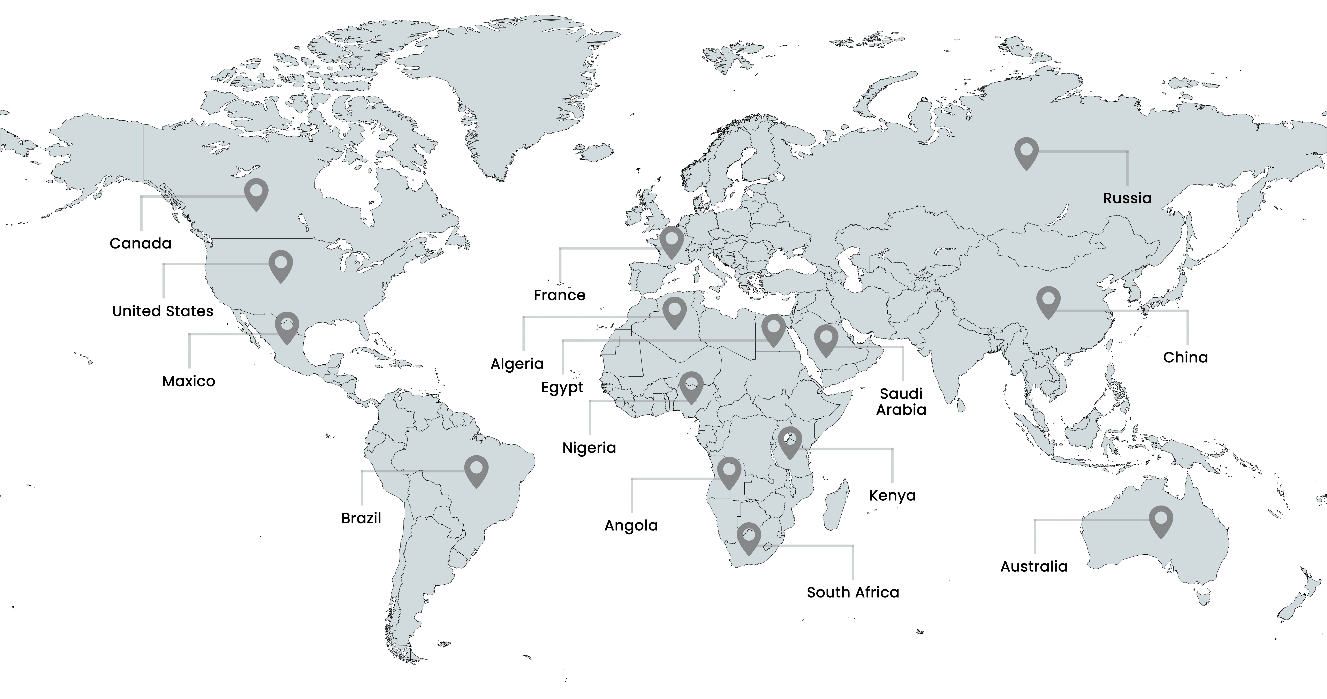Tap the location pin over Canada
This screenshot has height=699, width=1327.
(256, 193)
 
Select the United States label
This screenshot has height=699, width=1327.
(163, 311)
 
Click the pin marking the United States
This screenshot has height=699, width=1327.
(281, 265)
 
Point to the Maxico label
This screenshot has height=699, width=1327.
(189, 381)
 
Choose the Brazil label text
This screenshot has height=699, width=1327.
(361, 518)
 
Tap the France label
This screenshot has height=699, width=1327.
(559, 295)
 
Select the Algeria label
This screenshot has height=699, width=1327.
(517, 364)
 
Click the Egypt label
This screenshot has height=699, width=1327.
(562, 387)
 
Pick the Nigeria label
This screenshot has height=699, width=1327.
(589, 448)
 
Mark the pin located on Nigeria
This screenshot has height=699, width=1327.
(691, 386)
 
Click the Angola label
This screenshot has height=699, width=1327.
(631, 525)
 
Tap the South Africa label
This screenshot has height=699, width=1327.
(853, 592)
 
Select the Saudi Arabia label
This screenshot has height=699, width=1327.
(901, 402)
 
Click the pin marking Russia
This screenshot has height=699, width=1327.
(1026, 152)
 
